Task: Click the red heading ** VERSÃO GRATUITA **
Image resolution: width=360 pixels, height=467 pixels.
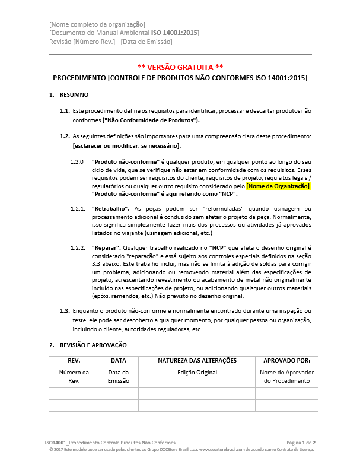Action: pos(180,66)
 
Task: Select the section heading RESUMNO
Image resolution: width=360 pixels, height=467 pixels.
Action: pos(74,95)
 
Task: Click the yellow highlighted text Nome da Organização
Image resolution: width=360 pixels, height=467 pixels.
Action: pos(278,186)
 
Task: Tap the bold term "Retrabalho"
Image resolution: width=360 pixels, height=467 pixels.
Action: pos(111,209)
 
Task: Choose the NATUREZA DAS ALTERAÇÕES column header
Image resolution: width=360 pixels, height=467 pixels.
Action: pos(197,361)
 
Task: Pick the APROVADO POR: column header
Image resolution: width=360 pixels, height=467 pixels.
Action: pos(287,361)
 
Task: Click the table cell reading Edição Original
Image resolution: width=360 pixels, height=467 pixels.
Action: pos(197,373)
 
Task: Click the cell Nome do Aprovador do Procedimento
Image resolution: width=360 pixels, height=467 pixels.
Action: pos(287,377)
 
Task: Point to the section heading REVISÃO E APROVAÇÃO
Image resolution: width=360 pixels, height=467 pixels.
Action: pos(93,345)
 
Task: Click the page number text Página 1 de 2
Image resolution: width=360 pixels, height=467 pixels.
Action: pos(301,443)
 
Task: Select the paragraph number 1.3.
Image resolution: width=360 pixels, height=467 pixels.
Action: pos(65,311)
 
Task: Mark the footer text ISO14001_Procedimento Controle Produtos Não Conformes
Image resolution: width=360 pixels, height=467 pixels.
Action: pos(110,443)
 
